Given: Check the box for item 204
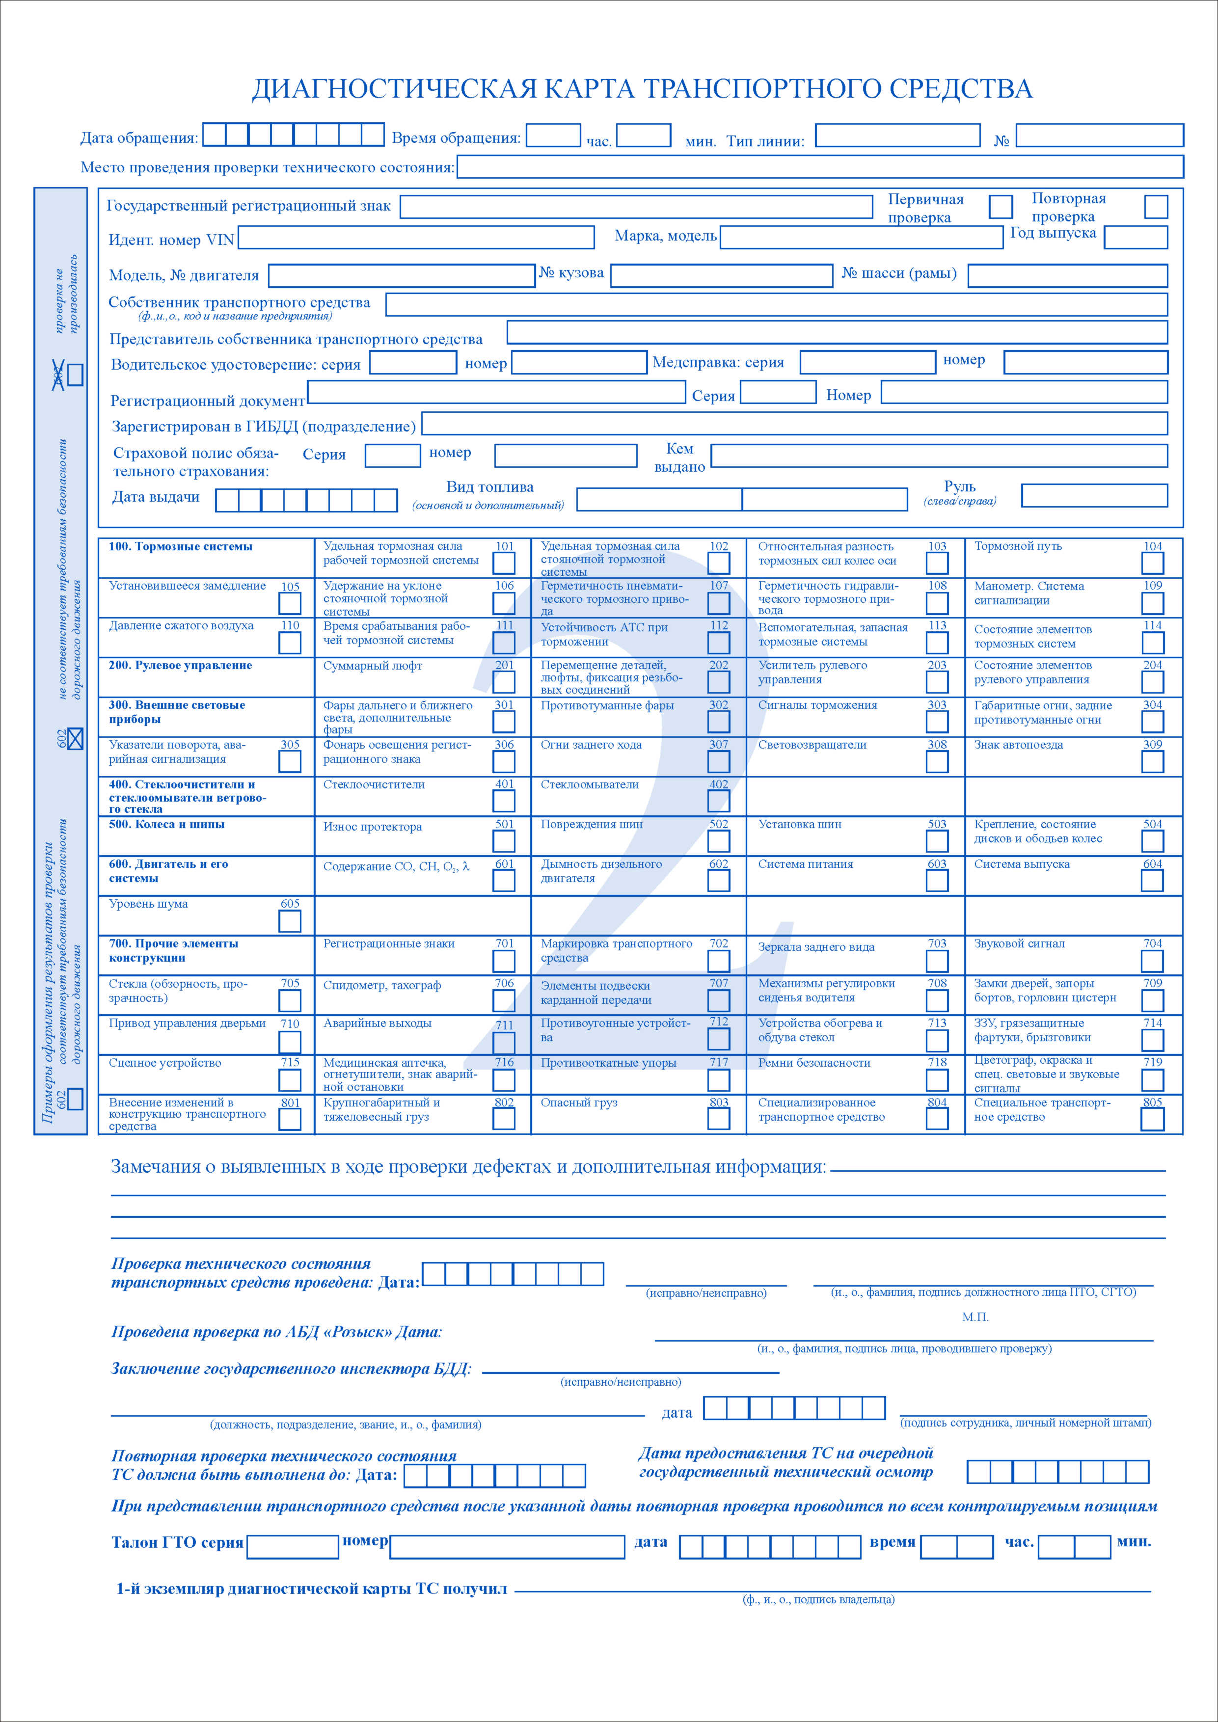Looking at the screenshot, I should (x=1152, y=682).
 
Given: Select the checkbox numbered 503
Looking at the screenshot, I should (x=937, y=841).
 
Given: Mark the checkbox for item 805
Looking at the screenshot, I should (x=1152, y=1119).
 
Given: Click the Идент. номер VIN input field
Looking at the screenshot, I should (x=416, y=238).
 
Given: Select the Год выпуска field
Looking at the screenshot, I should (x=1136, y=237).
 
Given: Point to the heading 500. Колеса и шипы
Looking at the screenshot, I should (x=166, y=824).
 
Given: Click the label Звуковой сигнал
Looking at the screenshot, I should (x=1019, y=943).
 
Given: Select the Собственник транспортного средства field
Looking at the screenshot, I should (x=776, y=304).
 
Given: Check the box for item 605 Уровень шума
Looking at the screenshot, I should (x=290, y=921).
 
